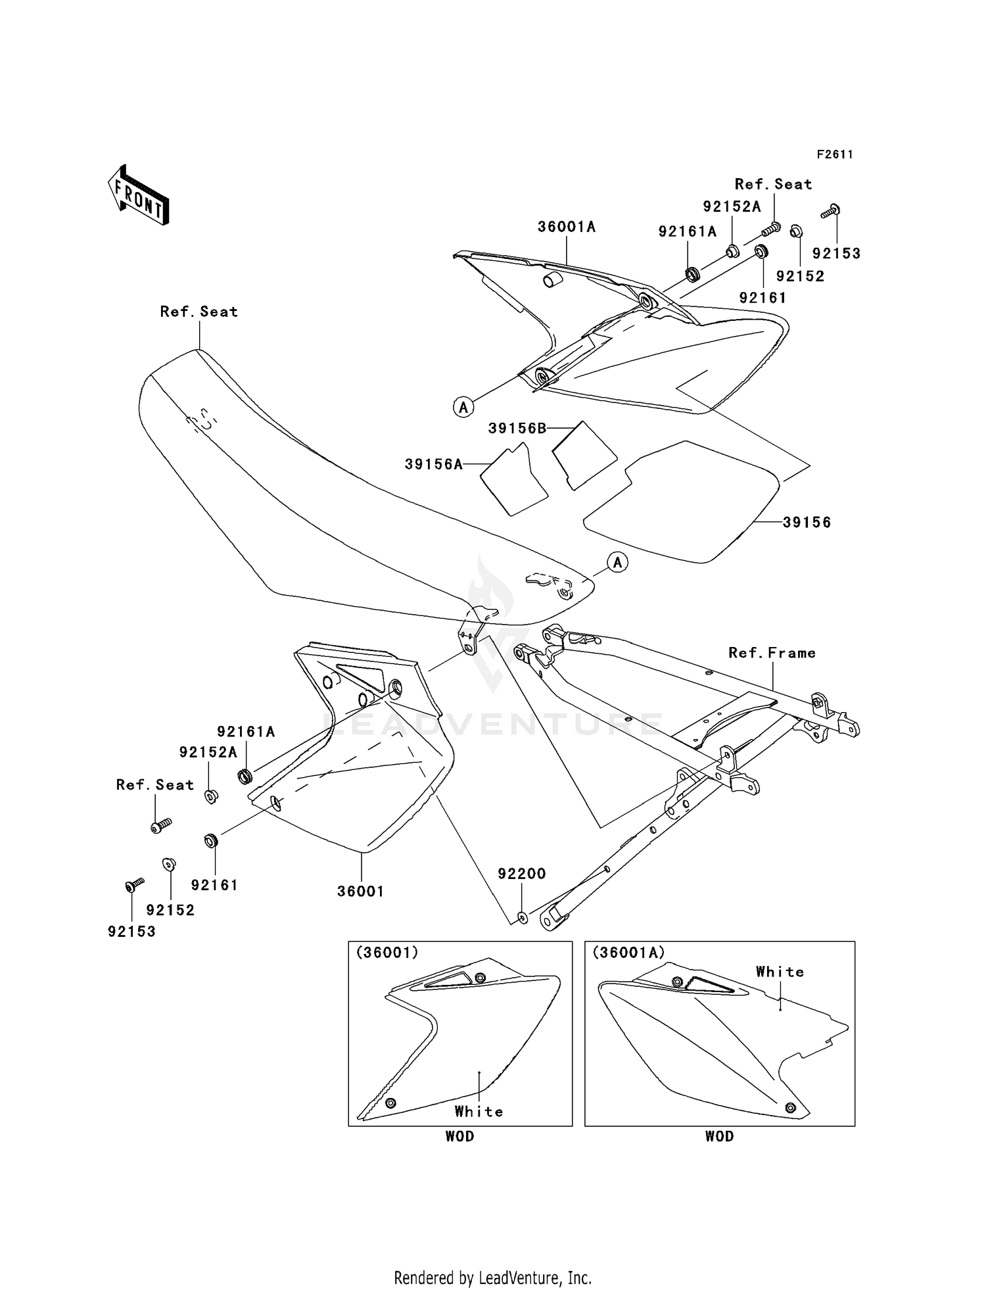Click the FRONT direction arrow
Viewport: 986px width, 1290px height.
pyautogui.click(x=139, y=196)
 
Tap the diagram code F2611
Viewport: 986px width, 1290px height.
pyautogui.click(x=835, y=155)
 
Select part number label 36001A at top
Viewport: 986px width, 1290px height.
pyautogui.click(x=567, y=227)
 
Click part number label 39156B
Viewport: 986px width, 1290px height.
pyautogui.click(x=517, y=429)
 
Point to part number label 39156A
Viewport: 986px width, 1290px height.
pyautogui.click(x=434, y=464)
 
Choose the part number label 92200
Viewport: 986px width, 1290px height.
pyautogui.click(x=522, y=874)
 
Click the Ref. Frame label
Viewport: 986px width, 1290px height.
pyautogui.click(x=772, y=653)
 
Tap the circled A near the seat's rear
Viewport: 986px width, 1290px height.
pyautogui.click(x=618, y=562)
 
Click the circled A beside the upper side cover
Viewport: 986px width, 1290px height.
pyautogui.click(x=463, y=408)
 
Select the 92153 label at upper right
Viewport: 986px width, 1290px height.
pyautogui.click(x=836, y=254)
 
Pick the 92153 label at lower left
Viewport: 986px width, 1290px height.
pyautogui.click(x=132, y=932)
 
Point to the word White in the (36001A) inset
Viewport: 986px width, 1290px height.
pyautogui.click(x=780, y=972)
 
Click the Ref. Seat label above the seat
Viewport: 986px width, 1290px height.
pyautogui.click(x=199, y=312)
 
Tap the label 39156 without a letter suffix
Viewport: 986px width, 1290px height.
pyautogui.click(x=807, y=523)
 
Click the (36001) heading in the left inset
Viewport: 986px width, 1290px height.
pyautogui.click(x=387, y=953)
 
